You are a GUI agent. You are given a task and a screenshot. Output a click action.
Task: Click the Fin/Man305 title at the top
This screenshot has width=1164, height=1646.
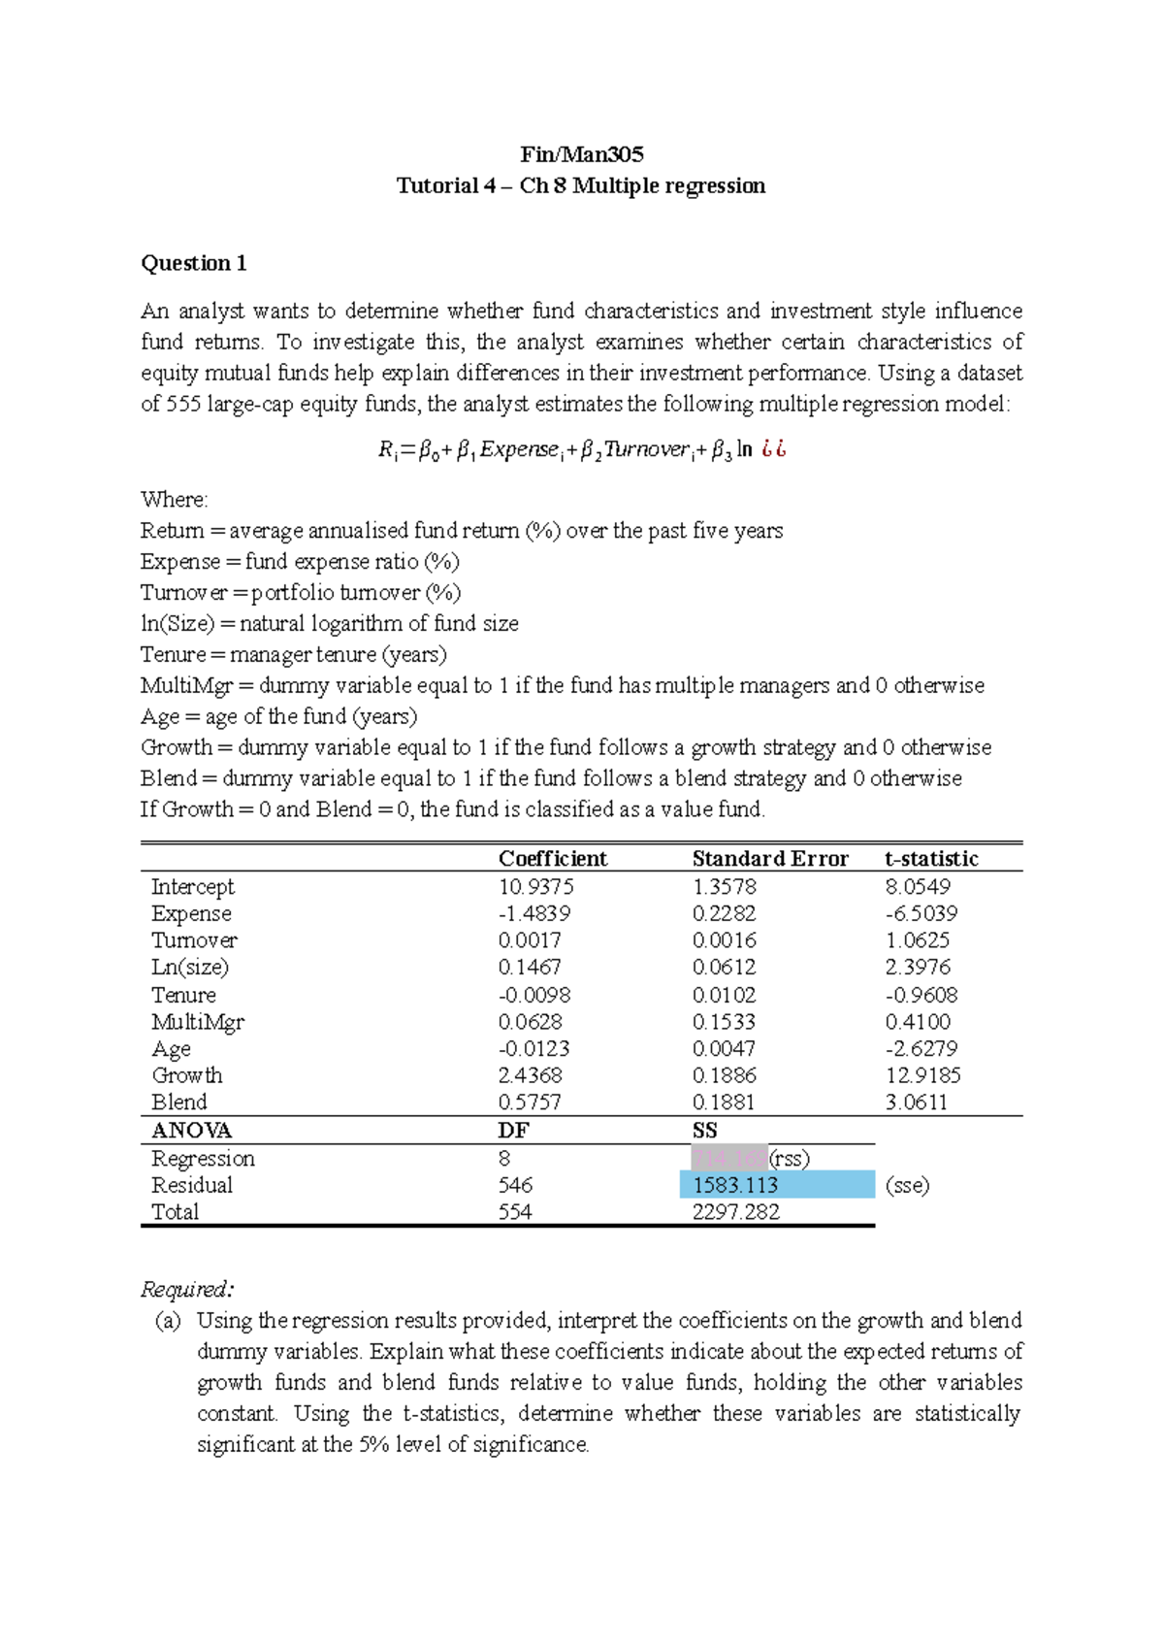tap(581, 154)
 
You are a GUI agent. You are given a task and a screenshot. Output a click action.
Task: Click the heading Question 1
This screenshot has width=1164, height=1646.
tap(194, 263)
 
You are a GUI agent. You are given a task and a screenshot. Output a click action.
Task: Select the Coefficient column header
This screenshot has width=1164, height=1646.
tap(552, 858)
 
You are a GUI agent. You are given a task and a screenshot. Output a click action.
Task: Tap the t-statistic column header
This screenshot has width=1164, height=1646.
tap(931, 858)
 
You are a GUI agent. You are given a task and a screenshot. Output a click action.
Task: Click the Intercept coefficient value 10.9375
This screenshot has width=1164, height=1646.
tap(535, 886)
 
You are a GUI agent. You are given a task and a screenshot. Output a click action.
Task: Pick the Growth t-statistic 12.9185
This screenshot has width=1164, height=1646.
tap(922, 1075)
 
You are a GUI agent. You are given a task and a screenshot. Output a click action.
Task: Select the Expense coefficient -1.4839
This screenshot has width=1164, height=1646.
tap(533, 913)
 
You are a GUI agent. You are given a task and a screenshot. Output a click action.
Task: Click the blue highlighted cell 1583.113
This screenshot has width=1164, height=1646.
tap(735, 1185)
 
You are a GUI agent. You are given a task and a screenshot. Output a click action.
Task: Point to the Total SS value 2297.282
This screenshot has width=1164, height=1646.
tap(735, 1211)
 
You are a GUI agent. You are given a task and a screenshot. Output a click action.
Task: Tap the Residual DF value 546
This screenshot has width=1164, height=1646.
tap(515, 1185)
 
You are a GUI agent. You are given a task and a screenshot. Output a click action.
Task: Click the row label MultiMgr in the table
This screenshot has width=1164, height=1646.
tap(198, 1022)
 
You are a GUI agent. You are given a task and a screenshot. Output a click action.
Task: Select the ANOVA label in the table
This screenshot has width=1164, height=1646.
tap(191, 1131)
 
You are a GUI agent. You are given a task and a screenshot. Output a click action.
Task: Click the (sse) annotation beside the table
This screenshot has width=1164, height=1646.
tap(907, 1185)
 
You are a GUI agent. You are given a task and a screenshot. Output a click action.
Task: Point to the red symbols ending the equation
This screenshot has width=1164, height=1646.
tap(773, 449)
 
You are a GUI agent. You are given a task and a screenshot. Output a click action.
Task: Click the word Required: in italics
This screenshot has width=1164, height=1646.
tap(186, 1289)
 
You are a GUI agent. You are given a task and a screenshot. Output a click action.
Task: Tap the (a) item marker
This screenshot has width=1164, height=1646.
tap(168, 1320)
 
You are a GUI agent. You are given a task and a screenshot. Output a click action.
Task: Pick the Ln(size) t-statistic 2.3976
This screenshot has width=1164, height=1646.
tap(918, 967)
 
